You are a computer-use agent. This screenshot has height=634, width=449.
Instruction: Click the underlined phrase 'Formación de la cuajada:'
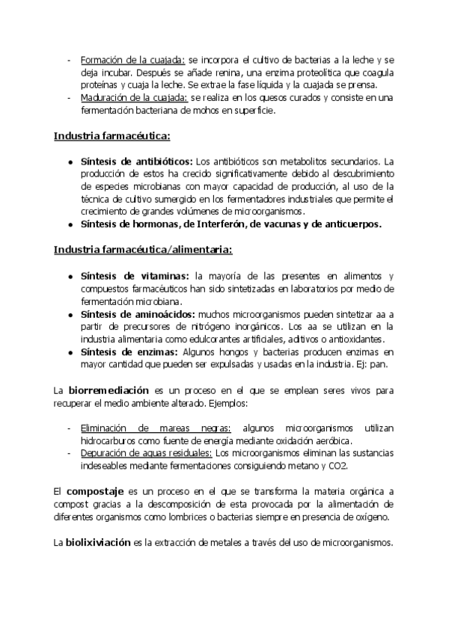click(x=132, y=59)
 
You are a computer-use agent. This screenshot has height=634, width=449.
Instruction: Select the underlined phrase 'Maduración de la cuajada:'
click(x=135, y=97)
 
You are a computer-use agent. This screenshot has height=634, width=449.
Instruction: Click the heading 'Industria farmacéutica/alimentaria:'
click(x=142, y=249)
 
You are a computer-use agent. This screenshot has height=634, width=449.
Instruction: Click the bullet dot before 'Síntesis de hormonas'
click(x=70, y=224)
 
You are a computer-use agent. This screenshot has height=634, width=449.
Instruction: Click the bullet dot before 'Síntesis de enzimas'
click(x=70, y=351)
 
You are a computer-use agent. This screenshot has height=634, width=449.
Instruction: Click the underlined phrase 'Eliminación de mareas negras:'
click(x=156, y=427)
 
